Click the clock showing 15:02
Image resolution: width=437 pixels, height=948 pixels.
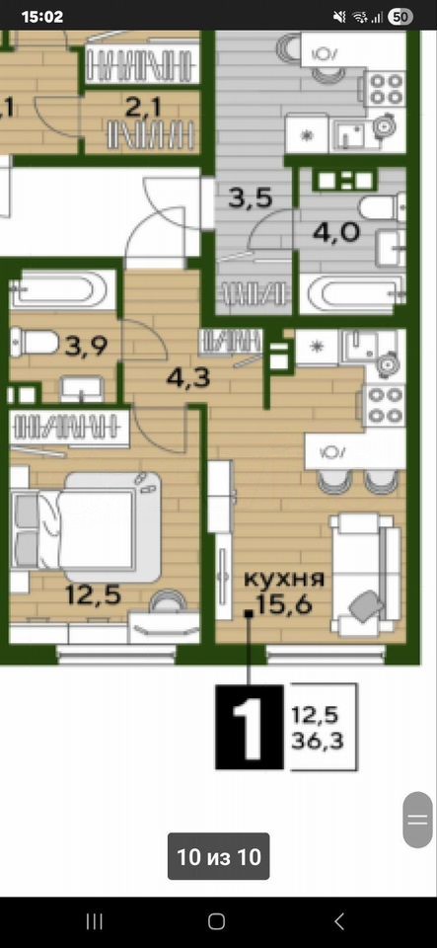pos(42,17)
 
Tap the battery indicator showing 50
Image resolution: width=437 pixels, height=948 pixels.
pos(399,17)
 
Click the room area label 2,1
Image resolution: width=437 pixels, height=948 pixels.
pos(143,109)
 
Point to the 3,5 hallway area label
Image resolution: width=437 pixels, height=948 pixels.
pos(252,198)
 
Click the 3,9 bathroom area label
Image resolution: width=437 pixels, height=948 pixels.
pos(86,347)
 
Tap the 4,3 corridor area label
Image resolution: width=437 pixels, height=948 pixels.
pos(188,378)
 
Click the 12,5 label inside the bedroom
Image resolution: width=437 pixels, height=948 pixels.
pos(94,594)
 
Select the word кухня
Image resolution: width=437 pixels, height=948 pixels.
pos(284,579)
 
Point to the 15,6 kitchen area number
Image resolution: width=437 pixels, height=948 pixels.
pos(283,603)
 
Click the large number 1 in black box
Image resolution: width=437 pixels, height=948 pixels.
pos(249,728)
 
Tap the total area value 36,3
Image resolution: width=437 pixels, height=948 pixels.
pos(318,742)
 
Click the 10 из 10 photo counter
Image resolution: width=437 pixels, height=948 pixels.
pos(219,856)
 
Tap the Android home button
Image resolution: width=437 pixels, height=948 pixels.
pos(216,921)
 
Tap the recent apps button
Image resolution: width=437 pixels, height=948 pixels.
pos(94,921)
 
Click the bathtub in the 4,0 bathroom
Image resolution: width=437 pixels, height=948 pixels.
pos(353,294)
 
